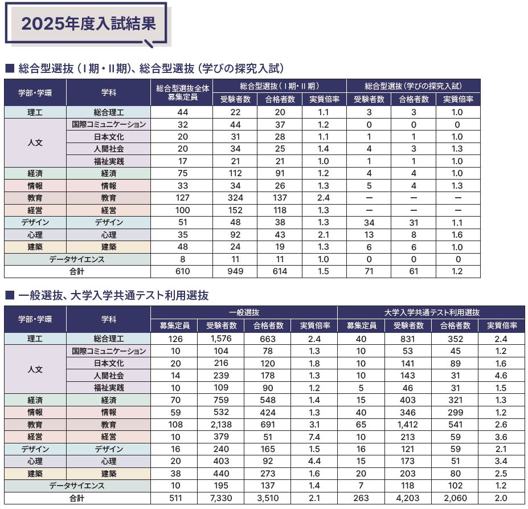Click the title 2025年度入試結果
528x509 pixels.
click(88, 23)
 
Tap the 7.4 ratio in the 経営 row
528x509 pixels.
click(311, 437)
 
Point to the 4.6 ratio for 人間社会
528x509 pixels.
click(502, 375)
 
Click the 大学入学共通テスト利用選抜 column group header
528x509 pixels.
click(432, 312)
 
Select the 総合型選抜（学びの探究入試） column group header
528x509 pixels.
click(413, 86)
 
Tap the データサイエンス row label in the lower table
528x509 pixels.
click(77, 486)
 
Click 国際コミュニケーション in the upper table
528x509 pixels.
click(109, 124)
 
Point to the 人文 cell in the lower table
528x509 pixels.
click(35, 369)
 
